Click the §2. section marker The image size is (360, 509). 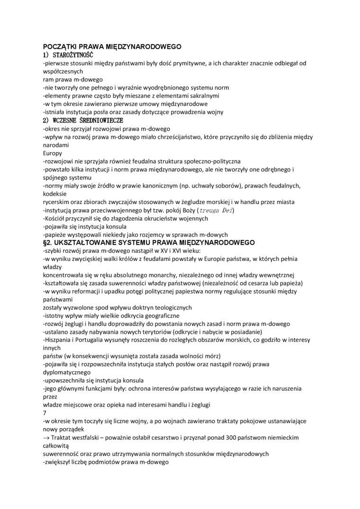48,243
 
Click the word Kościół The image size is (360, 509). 57,218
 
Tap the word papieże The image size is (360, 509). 58,235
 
